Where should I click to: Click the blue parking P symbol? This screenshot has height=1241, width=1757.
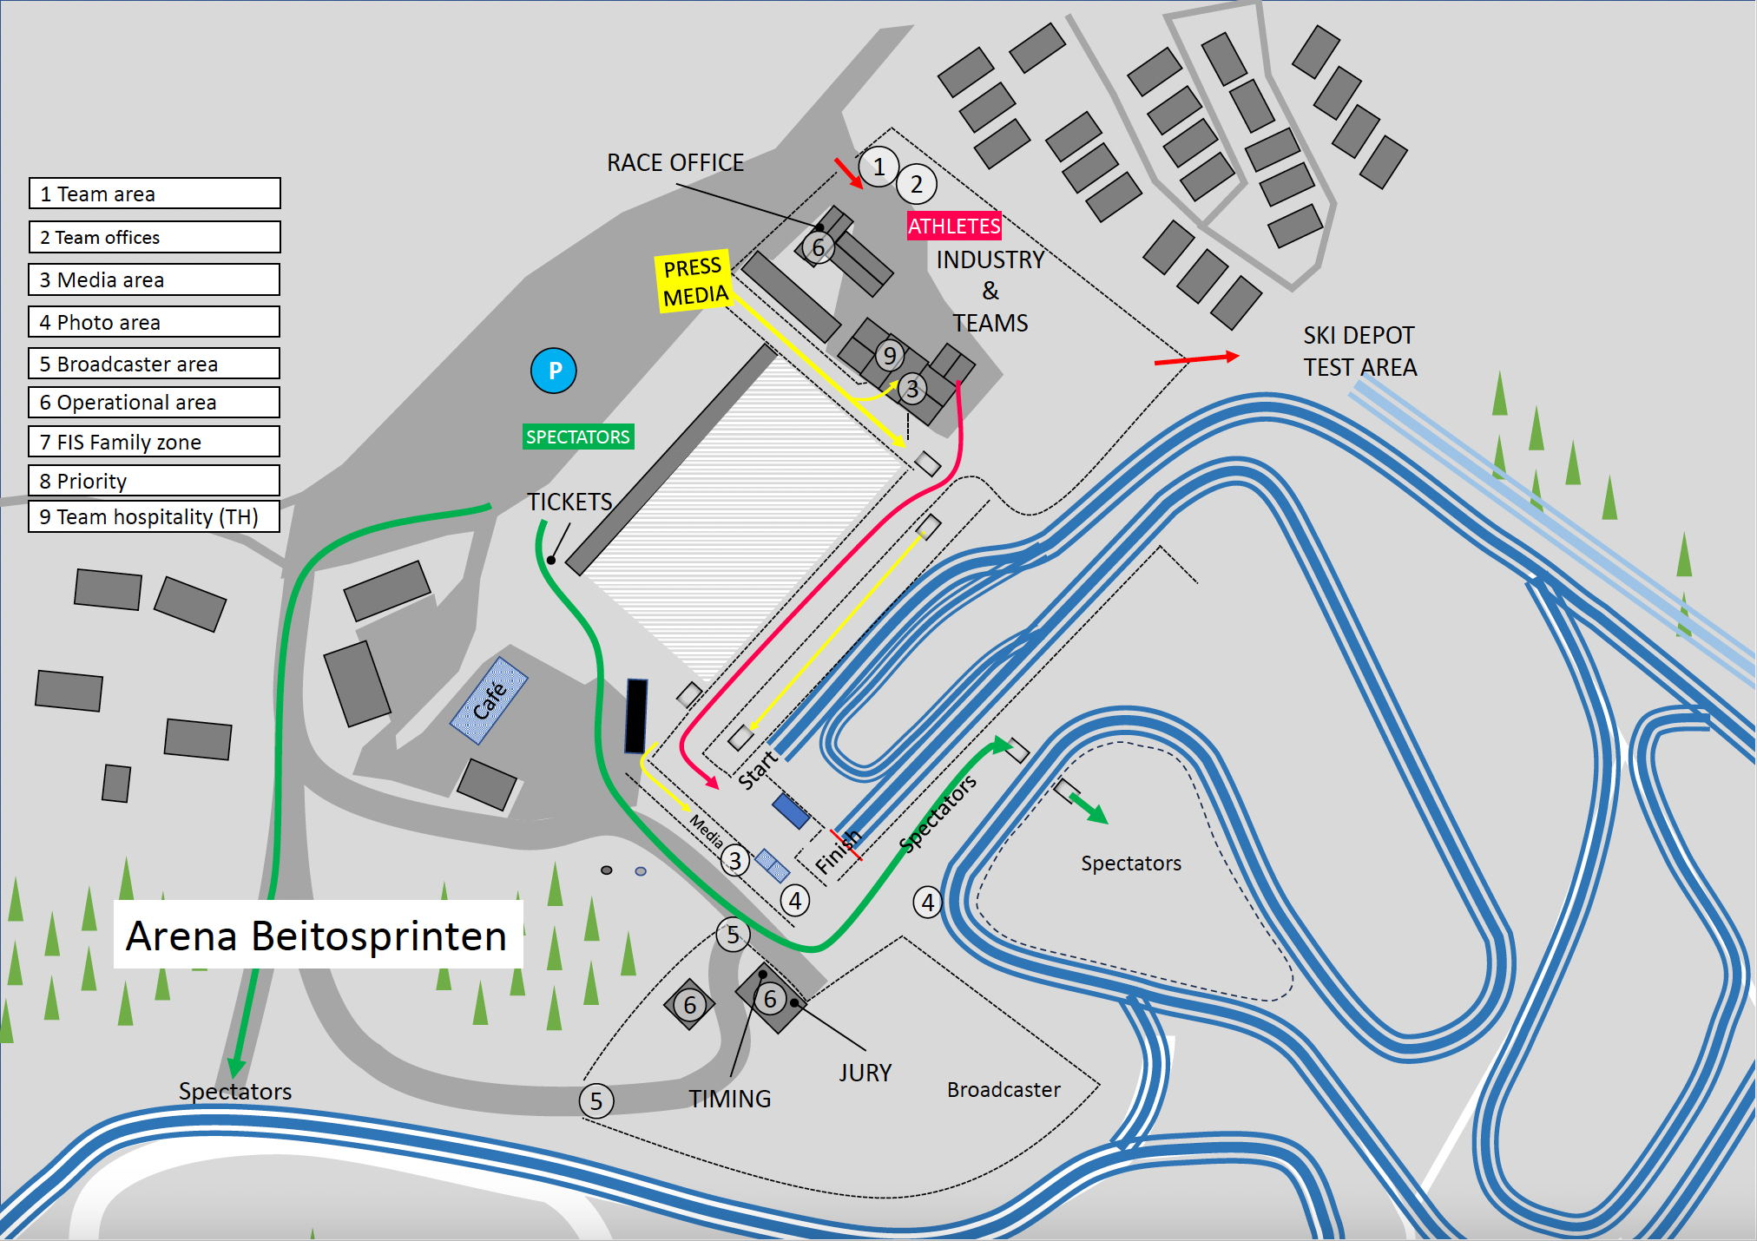tap(554, 371)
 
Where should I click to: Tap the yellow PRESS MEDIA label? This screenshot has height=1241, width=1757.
tap(694, 280)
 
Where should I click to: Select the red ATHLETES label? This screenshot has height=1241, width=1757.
tap(954, 226)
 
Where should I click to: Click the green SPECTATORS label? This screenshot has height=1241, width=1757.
tap(578, 437)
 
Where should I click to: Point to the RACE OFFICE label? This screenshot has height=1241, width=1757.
tap(675, 162)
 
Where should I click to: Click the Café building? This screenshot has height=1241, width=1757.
tap(489, 701)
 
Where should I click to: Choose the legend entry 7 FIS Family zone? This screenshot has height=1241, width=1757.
tap(154, 442)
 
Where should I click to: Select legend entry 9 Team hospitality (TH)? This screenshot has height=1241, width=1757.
tap(154, 516)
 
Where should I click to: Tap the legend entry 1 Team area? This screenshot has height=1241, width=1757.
tap(155, 194)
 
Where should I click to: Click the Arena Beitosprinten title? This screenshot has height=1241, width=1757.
tap(317, 936)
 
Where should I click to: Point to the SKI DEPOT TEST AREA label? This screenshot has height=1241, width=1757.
tap(1359, 351)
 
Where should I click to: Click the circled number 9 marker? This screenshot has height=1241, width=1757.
tap(889, 355)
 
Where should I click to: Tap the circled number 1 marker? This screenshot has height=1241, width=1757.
tap(878, 167)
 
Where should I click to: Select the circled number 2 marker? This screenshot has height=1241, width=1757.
tap(917, 184)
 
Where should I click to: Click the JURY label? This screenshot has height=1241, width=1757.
tap(865, 1073)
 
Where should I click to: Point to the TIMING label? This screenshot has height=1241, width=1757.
tap(730, 1099)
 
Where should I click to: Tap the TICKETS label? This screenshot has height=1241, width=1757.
tap(569, 502)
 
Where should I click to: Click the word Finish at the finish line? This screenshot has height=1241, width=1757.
tap(838, 850)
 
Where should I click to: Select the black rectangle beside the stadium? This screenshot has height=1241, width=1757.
tap(636, 716)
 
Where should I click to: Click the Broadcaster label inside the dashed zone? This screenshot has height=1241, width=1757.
tap(1004, 1089)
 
